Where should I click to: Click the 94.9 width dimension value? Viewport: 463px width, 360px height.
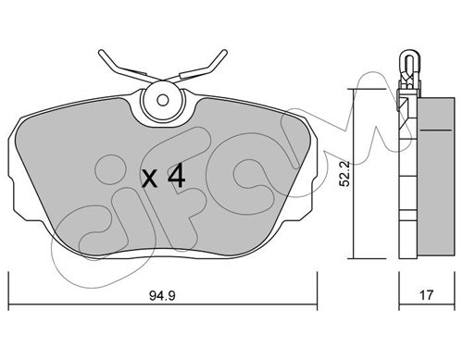(x=162, y=295)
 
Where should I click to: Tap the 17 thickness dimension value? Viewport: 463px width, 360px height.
(x=426, y=295)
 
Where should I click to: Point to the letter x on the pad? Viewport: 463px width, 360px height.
(x=149, y=180)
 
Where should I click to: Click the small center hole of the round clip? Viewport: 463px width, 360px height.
(x=162, y=100)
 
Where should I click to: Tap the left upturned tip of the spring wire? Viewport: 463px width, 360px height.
(x=101, y=52)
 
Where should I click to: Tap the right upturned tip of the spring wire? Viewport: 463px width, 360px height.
(x=225, y=52)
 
